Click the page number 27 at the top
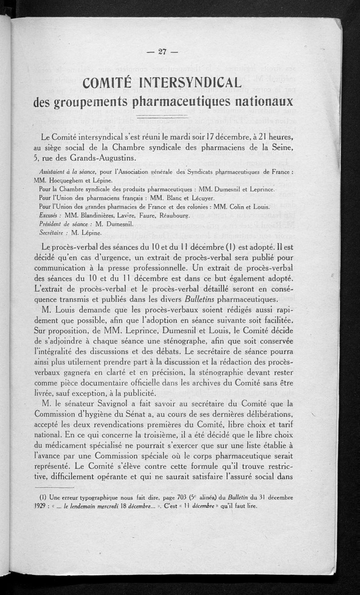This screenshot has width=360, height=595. coord(162,51)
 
